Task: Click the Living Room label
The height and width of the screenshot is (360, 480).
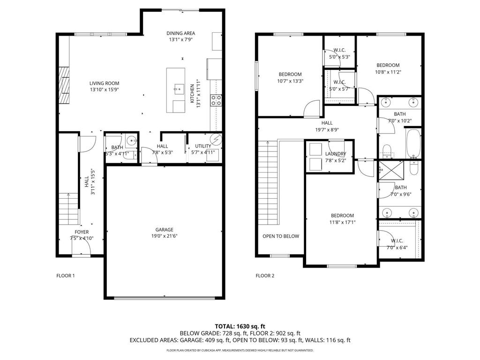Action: (105, 83)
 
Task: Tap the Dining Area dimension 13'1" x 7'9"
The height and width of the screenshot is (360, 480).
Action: (180, 40)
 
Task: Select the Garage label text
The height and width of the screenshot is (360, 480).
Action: (165, 230)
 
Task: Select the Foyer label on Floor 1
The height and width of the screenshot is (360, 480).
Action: (82, 232)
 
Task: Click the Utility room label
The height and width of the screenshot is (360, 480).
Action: (203, 146)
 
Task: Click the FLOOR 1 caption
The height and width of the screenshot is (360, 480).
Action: (66, 276)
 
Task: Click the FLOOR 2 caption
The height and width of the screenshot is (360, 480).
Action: (265, 276)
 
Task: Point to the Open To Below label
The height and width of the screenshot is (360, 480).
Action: (280, 236)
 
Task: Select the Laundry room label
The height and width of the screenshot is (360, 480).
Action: (335, 154)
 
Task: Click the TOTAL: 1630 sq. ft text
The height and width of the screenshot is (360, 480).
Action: (240, 326)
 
